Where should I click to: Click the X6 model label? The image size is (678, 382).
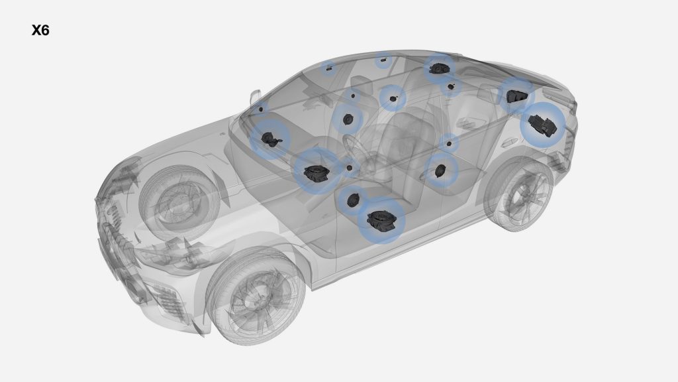pos(40,31)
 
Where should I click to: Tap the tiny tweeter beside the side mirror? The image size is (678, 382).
pos(261,109)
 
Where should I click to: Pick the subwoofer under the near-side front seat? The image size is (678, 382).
pos(381,220)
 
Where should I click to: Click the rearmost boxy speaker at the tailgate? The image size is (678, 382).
pos(542,125)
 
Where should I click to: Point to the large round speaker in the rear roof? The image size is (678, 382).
pos(438,68)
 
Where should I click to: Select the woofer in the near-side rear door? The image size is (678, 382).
pos(440,170)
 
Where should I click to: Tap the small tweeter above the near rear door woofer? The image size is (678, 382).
pos(449,144)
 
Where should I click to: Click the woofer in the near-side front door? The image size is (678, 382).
pos(353,199)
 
